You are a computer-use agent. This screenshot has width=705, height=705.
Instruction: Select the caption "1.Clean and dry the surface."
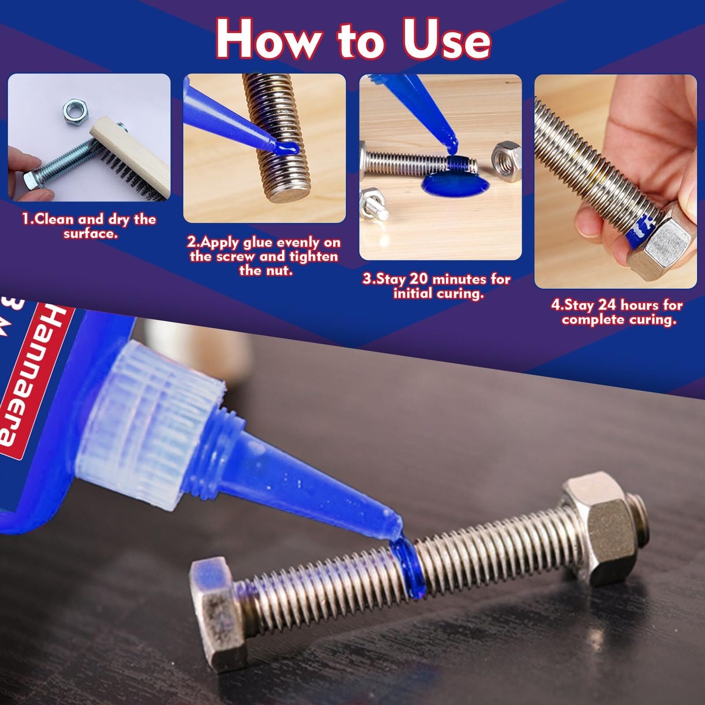[89, 226]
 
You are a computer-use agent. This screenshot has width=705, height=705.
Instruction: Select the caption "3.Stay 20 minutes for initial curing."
[437, 286]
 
